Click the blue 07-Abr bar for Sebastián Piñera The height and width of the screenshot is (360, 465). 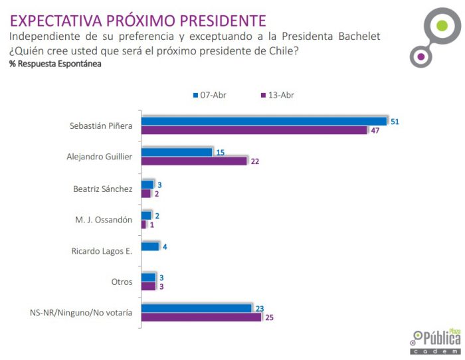(x=264, y=121)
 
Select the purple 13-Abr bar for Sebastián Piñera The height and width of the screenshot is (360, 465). (x=254, y=130)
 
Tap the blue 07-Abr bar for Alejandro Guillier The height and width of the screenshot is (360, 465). (x=177, y=152)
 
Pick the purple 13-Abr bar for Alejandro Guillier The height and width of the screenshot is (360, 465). (x=194, y=161)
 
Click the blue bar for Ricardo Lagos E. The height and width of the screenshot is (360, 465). (x=150, y=246)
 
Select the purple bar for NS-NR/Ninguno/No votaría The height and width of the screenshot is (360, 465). (x=201, y=317)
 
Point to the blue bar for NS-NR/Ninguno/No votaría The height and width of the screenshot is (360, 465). (x=197, y=308)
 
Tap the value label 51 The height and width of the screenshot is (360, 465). (x=395, y=122)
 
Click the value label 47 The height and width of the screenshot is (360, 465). (x=375, y=130)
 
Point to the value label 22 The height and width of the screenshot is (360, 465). (x=255, y=161)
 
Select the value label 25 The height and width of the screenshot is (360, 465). (x=269, y=317)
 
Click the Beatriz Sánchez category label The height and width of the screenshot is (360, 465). (x=102, y=189)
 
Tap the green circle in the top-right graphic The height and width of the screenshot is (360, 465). (x=441, y=27)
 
